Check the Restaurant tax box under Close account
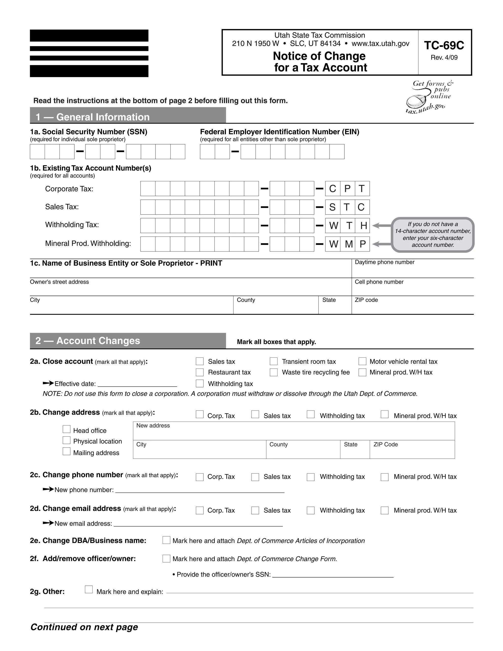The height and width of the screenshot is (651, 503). tap(200, 372)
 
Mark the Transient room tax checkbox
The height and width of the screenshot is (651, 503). tap(274, 361)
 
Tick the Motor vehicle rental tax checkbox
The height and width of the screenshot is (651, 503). tap(362, 361)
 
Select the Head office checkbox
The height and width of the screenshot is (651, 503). tap(67, 429)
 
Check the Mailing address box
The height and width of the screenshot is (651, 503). tap(67, 452)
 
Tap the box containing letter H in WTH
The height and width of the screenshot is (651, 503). tap(363, 226)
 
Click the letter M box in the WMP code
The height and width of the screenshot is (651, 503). tap(348, 244)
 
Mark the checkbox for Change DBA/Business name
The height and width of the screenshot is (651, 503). tap(166, 540)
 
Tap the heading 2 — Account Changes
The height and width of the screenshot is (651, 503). tap(88, 341)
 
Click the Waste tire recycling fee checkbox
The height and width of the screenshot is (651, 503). tap(274, 372)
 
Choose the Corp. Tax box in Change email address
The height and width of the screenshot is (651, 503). tap(200, 510)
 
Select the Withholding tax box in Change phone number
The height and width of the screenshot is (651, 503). tap(310, 477)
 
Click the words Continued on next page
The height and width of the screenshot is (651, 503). tap(84, 627)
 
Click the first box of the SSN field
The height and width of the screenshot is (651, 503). tap(37, 152)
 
